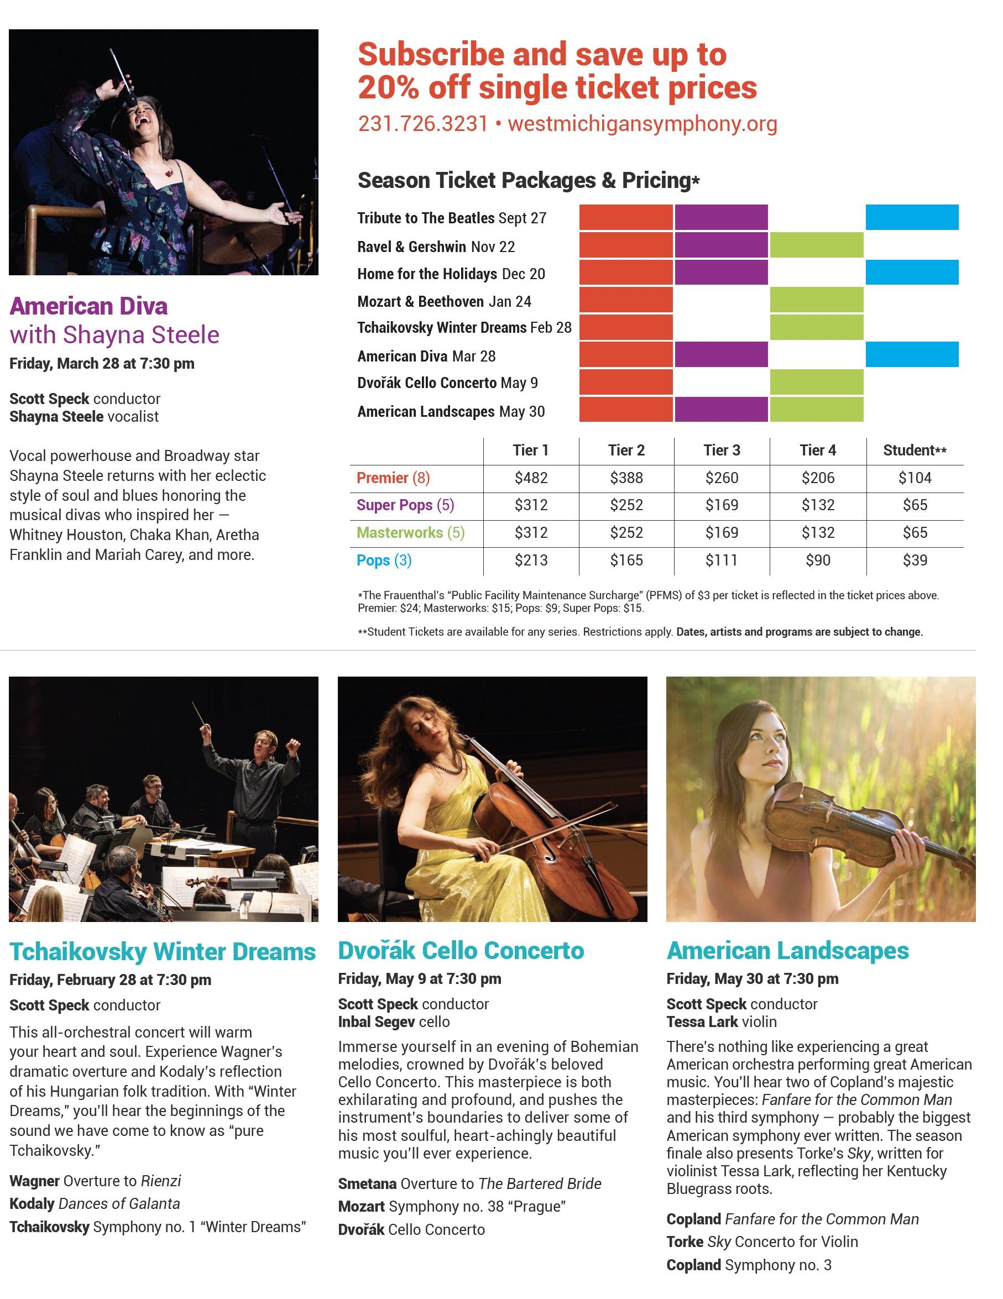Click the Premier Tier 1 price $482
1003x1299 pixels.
pos(531,478)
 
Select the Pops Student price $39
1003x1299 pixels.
pos(915,561)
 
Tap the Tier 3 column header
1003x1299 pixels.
pos(722,451)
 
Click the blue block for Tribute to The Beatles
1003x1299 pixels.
pos(911,217)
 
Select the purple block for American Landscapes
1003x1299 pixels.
pos(721,409)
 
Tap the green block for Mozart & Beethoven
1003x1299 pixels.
pos(816,300)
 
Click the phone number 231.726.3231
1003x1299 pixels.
pos(422,124)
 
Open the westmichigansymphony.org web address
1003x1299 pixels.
pos(642,124)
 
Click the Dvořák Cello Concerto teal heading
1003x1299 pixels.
pos(461,950)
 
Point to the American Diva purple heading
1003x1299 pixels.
pos(88,306)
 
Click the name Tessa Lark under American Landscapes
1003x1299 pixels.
pos(702,1022)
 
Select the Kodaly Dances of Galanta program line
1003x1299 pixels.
pos(95,1204)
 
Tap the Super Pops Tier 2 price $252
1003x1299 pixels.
pos(626,505)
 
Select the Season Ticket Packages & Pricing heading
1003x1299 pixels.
pos(528,180)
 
